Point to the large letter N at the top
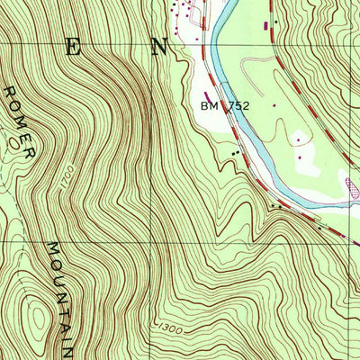pos(160,49)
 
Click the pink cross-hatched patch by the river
pos(352,187)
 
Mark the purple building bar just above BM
pos(209,92)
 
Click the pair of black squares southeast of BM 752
pos(236,153)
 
